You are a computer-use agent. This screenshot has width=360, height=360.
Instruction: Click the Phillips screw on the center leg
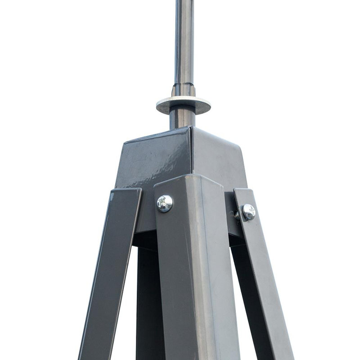[x=165, y=203]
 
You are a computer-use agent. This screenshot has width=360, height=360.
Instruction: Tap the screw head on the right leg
[x=248, y=211]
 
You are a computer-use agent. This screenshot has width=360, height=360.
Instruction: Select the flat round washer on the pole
[x=183, y=105]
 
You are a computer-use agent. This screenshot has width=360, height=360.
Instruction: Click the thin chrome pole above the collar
[x=184, y=40]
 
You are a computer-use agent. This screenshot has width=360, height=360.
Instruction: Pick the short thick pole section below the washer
[x=182, y=118]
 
